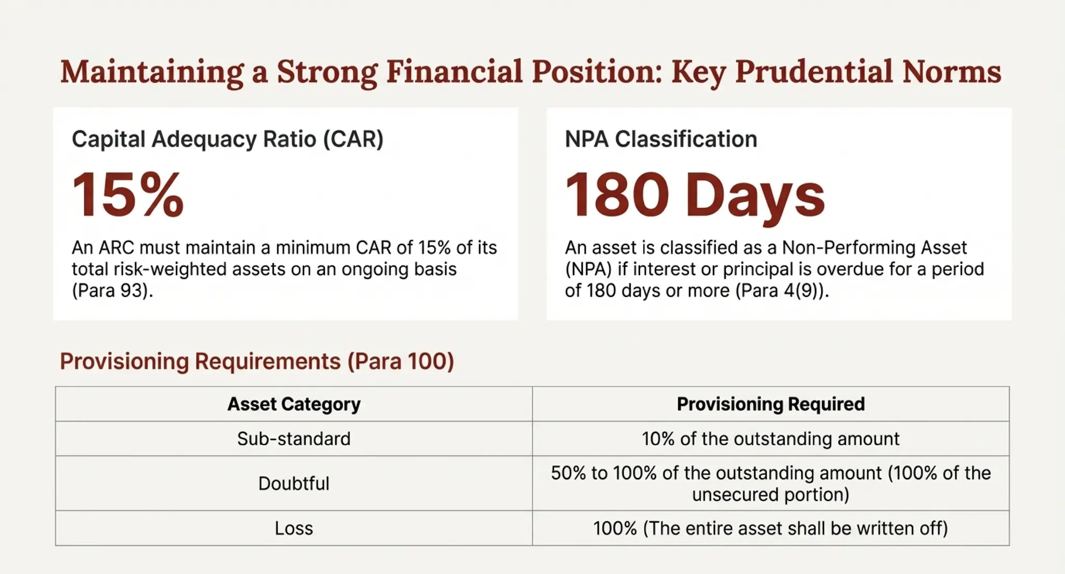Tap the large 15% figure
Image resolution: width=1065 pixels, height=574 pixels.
(x=128, y=195)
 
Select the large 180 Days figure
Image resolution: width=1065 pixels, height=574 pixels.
(x=695, y=196)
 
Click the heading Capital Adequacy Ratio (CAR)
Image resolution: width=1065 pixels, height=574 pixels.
(x=227, y=139)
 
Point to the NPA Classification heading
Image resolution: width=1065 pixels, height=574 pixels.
(x=660, y=139)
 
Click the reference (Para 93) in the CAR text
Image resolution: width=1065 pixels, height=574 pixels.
(x=112, y=290)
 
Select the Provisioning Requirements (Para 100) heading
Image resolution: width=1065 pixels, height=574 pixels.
(x=257, y=361)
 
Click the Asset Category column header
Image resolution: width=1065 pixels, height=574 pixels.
(x=294, y=404)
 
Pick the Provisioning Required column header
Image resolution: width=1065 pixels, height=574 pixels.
(x=771, y=404)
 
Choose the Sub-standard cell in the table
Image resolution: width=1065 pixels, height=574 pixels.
(x=294, y=439)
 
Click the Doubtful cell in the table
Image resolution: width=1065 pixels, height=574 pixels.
(x=294, y=484)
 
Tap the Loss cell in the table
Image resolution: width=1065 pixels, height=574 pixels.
(x=294, y=528)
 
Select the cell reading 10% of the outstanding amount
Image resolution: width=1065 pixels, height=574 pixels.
(x=771, y=439)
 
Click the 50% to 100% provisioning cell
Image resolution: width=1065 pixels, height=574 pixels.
(x=771, y=484)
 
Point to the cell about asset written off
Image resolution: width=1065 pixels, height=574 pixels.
(x=771, y=528)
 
